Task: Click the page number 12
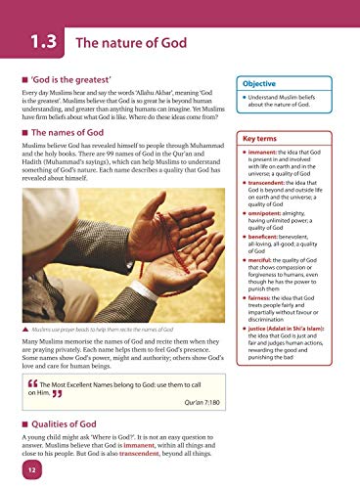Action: (x=31, y=473)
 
